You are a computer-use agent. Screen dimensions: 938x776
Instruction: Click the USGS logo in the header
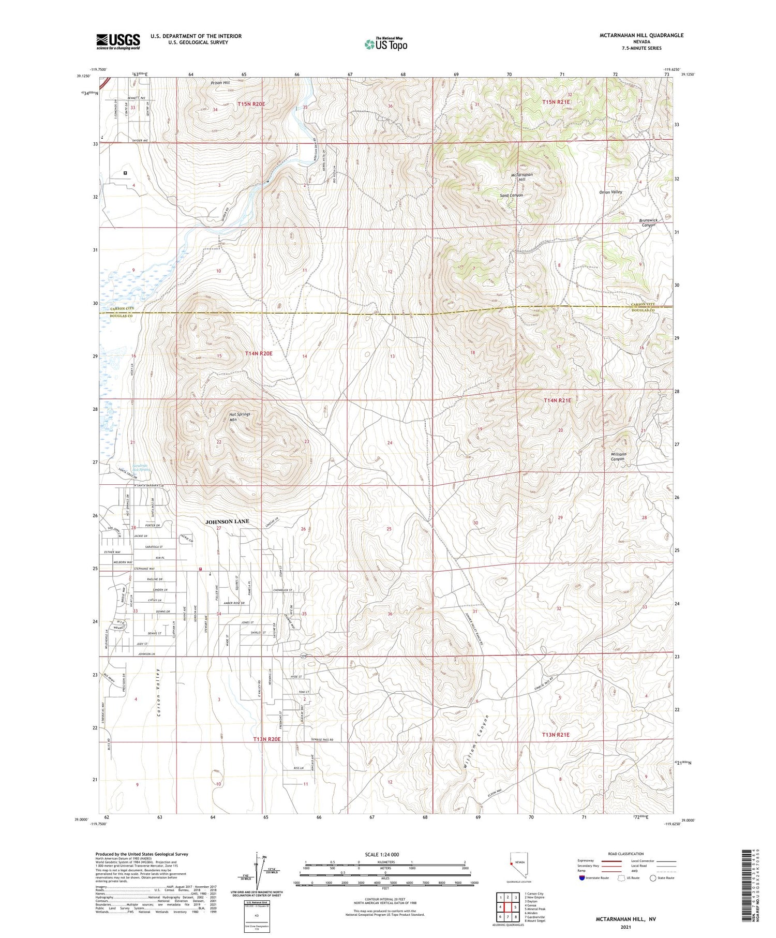[118, 41]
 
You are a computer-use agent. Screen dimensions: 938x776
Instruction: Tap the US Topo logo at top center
[385, 44]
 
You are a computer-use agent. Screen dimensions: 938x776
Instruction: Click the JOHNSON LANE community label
[227, 522]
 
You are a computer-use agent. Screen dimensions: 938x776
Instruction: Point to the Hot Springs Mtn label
[239, 417]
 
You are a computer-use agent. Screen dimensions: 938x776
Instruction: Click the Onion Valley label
[610, 192]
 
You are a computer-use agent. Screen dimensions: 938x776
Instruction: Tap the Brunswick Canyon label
[647, 222]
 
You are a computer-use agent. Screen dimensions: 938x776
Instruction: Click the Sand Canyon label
[511, 196]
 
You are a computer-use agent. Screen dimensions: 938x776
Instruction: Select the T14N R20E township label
[258, 353]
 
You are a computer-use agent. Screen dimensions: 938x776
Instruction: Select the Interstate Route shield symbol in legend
[582, 878]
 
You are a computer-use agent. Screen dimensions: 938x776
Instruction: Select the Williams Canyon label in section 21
[618, 456]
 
